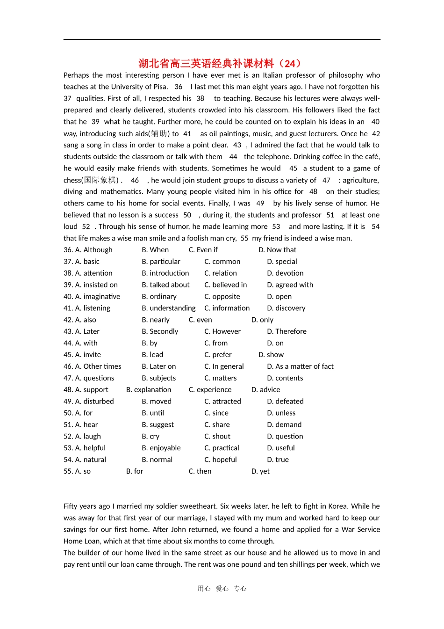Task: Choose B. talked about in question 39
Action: [165, 285]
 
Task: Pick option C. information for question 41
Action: [227, 308]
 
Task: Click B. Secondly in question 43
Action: [160, 332]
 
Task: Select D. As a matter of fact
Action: [300, 366]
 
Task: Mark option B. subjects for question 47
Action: [158, 378]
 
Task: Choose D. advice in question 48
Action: [265, 390]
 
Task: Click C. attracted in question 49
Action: [222, 402]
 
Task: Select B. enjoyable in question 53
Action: [161, 448]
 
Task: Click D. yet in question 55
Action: [260, 471]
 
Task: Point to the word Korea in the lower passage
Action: [336, 506]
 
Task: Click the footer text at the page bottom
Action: [222, 589]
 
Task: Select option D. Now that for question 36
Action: [277, 250]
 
